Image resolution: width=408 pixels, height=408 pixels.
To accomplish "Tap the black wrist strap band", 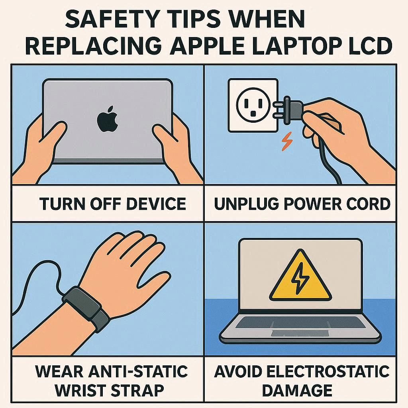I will coord(86,308).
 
